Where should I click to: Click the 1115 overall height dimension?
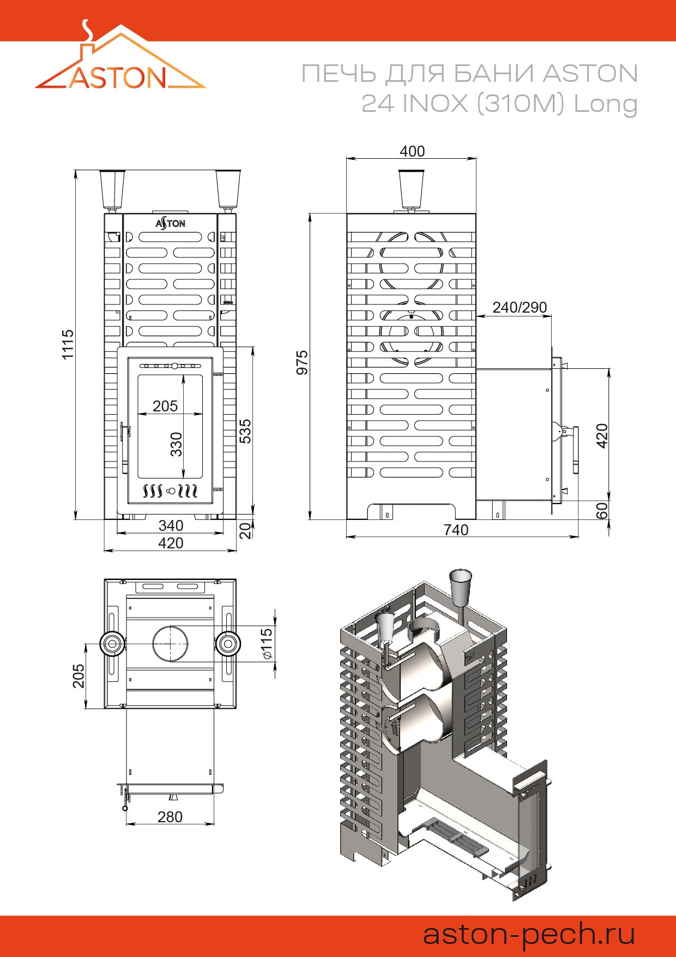(68, 344)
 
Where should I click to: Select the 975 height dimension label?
(302, 362)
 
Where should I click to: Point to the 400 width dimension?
(412, 151)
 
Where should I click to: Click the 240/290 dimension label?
(520, 308)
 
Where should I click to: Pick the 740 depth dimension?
(456, 530)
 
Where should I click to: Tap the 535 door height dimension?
(245, 431)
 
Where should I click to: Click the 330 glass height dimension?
(176, 444)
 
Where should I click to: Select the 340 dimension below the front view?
(171, 525)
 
